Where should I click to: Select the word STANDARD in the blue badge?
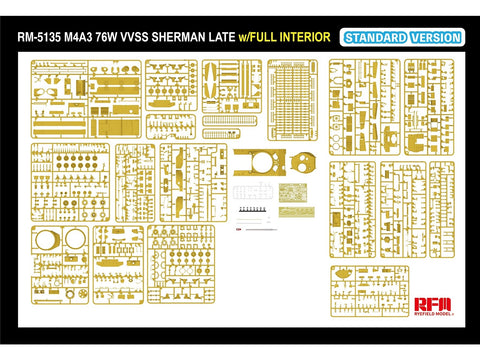(x=377, y=38)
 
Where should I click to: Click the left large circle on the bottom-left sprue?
(x=46, y=243)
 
